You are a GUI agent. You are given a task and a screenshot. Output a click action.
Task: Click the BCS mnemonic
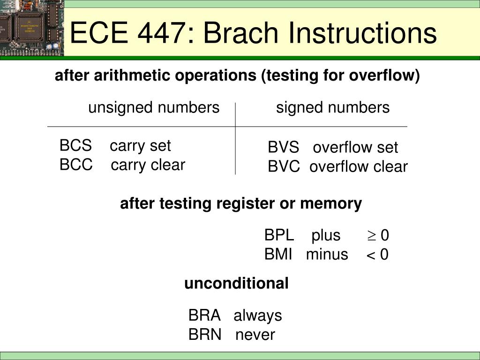(x=75, y=145)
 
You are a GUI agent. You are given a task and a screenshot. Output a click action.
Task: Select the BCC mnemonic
(x=76, y=165)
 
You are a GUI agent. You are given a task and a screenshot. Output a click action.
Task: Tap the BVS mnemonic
(x=283, y=147)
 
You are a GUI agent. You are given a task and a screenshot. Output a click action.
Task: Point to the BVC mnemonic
(x=284, y=166)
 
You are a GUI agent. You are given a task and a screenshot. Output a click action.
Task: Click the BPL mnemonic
(x=279, y=235)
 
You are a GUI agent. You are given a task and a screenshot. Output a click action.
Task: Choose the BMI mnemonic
(x=278, y=255)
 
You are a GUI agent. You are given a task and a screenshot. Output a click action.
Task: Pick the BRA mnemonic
(x=204, y=315)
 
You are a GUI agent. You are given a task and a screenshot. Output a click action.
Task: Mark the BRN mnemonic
(x=204, y=334)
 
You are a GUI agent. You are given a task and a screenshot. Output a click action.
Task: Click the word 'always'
(x=258, y=316)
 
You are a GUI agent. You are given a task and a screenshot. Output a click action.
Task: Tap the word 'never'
(x=255, y=335)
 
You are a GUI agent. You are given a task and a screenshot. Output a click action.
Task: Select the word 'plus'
(x=326, y=236)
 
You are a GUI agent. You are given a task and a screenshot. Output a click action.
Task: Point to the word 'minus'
(x=327, y=255)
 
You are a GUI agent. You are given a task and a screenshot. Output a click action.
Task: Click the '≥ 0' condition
(x=378, y=235)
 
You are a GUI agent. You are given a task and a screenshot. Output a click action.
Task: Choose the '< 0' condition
(x=377, y=255)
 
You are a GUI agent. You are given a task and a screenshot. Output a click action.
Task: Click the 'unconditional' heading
(x=236, y=283)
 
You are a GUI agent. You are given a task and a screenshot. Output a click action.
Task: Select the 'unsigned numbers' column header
(x=154, y=108)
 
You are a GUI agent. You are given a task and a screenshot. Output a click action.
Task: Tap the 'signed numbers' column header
(x=333, y=108)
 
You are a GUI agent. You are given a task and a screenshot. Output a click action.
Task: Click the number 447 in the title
(x=161, y=32)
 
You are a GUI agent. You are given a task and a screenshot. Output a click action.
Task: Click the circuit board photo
(x=32, y=28)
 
